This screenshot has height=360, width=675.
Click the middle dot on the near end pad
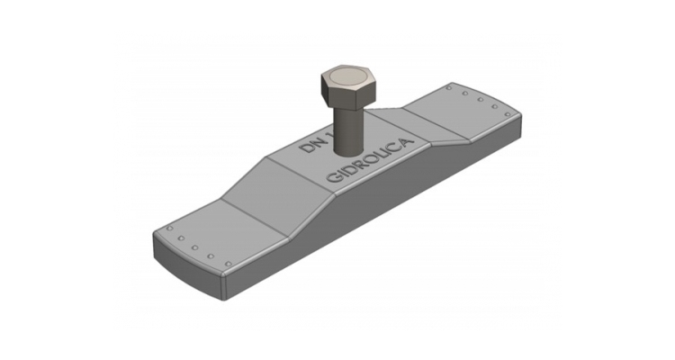(196, 249)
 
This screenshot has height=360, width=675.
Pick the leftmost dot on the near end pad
(168, 233)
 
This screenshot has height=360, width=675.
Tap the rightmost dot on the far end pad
(508, 114)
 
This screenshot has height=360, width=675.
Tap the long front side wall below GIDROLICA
(378, 202)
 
